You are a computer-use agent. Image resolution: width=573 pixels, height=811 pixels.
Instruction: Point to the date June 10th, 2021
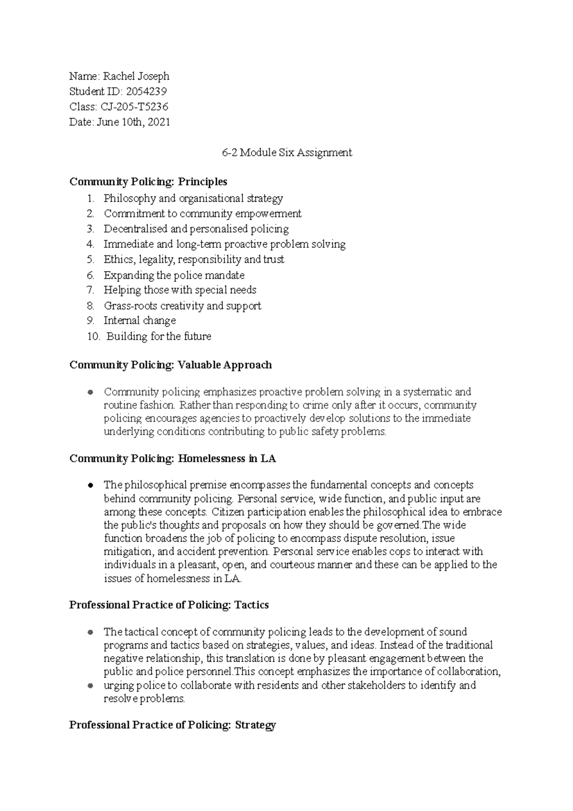pos(133,122)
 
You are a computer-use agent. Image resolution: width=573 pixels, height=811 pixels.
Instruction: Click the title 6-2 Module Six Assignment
pos(287,153)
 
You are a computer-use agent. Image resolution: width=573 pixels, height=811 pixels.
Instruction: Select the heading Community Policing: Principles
pos(148,181)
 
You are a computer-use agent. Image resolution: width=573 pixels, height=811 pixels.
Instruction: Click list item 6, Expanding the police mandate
pos(174,275)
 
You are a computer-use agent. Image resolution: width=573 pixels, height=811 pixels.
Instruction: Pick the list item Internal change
pos(139,320)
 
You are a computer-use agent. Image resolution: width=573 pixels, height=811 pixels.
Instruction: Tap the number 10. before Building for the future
pos(93,336)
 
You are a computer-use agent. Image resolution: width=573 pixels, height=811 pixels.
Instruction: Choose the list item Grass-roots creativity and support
pos(182,306)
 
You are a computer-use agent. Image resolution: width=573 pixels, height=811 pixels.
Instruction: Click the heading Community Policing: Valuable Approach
pos(170,365)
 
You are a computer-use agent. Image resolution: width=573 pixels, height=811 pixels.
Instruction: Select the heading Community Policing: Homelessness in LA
pos(172,459)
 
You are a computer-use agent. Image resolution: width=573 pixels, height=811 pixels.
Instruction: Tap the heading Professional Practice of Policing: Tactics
pos(169,605)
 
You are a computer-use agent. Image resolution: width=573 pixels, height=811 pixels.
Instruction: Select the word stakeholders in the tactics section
pos(372,685)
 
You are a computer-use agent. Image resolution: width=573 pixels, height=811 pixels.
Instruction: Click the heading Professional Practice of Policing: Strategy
pos(172,725)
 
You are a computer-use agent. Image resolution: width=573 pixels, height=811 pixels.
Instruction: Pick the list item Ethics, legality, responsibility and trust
pos(193,259)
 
